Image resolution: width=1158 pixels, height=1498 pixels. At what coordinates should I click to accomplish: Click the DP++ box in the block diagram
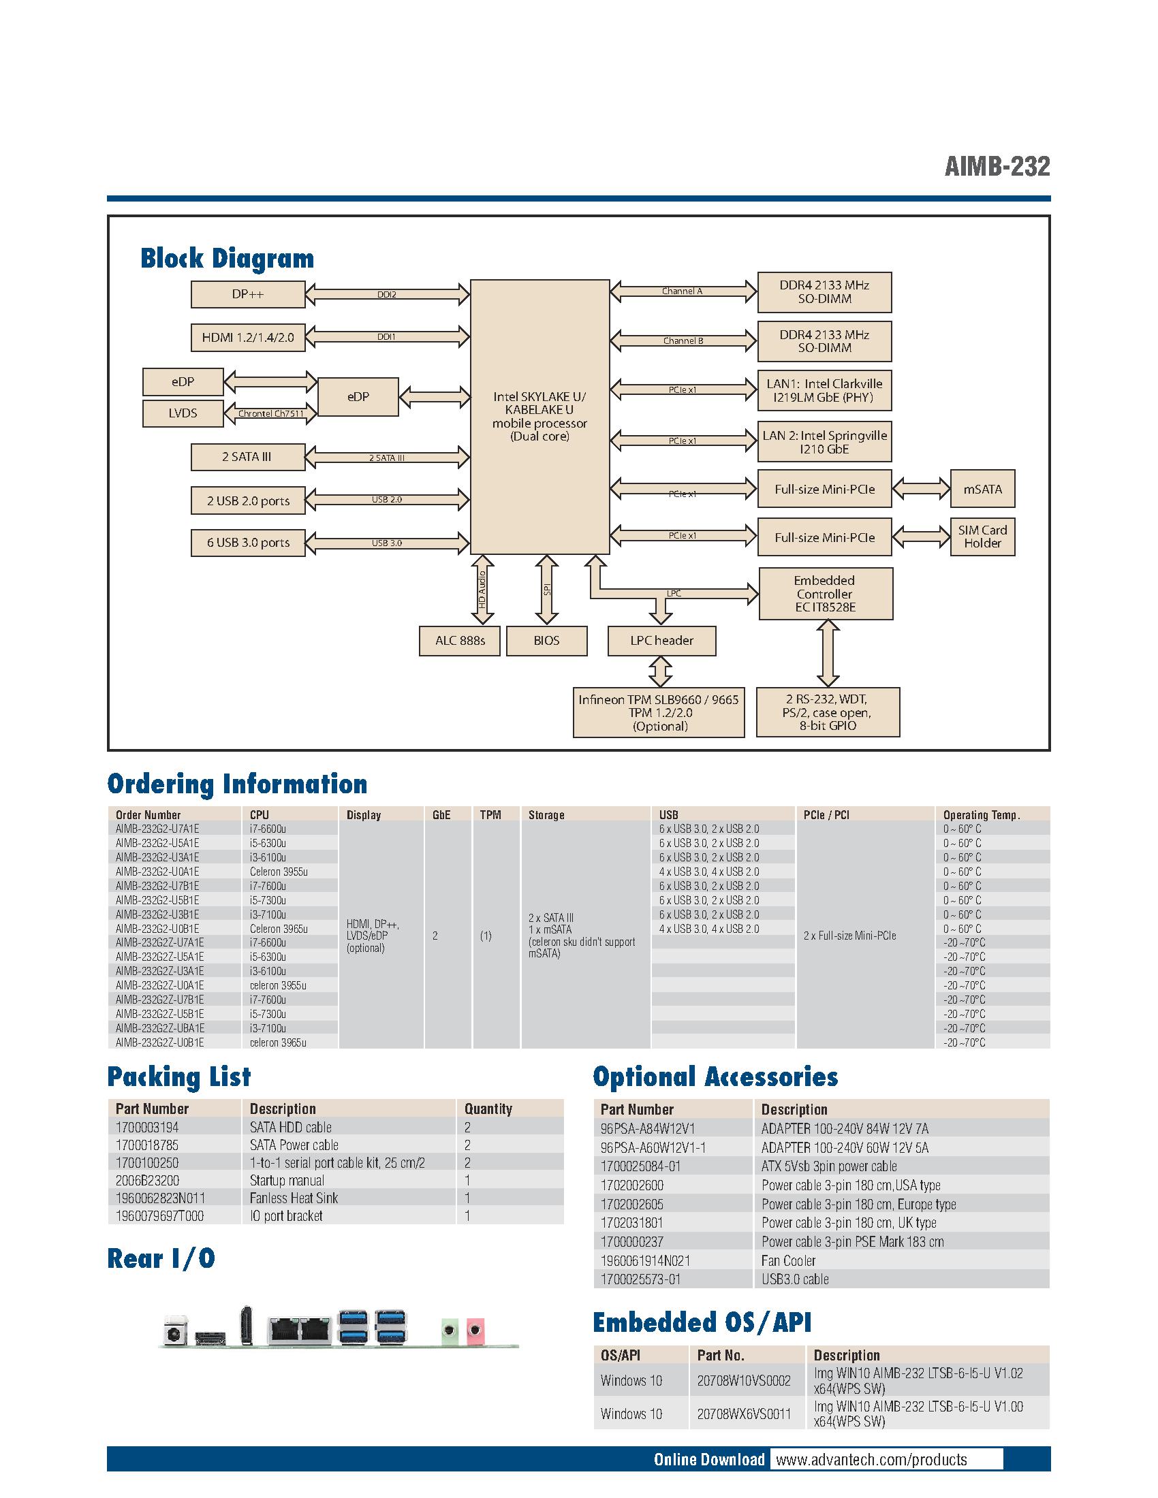[248, 294]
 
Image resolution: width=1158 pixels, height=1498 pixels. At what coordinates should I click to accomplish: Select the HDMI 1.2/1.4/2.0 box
[248, 338]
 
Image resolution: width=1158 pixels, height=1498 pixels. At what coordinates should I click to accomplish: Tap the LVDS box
[183, 413]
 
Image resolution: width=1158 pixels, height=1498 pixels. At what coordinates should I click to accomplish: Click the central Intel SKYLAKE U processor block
[539, 416]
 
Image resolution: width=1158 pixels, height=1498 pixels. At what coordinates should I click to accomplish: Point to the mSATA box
[982, 489]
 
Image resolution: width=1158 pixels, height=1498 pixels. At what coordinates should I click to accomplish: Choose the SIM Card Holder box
[982, 537]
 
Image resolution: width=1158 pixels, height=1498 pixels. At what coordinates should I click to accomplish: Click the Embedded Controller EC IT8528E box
[826, 593]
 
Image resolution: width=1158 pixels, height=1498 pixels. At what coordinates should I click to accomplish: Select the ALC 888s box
[460, 641]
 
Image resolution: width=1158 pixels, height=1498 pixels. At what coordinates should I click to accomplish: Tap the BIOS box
[546, 641]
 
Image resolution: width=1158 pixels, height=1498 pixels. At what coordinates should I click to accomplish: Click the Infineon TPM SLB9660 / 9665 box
[659, 713]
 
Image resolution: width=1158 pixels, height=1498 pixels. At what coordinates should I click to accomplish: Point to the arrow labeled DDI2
[387, 294]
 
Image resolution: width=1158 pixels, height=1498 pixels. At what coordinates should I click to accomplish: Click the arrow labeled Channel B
[683, 340]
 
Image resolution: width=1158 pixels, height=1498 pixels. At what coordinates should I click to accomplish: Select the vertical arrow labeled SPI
[547, 589]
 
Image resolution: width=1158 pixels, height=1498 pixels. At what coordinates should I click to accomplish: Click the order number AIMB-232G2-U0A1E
[158, 871]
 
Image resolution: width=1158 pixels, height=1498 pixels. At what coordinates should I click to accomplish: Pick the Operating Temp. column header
[981, 815]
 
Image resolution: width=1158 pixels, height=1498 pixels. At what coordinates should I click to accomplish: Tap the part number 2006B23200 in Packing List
[148, 1181]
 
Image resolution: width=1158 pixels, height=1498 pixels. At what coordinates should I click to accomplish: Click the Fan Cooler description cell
[788, 1260]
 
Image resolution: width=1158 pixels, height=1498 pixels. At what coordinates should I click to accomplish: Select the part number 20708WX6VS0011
[744, 1414]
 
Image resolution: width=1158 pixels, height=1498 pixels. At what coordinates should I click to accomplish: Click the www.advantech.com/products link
[871, 1460]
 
